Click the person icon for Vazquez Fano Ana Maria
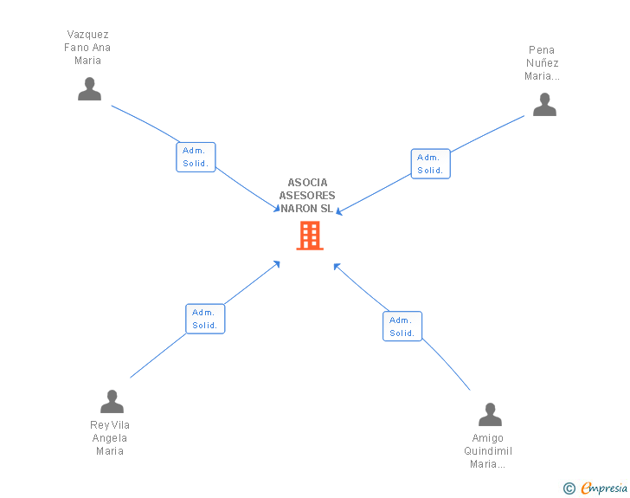[89, 89]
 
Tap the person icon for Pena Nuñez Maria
[544, 105]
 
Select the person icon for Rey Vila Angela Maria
[112, 402]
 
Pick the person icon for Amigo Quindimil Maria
[490, 415]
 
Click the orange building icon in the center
[310, 236]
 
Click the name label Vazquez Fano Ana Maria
[88, 48]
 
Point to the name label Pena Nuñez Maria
[543, 63]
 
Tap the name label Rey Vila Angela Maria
[110, 438]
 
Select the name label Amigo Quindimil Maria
[488, 451]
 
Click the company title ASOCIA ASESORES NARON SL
[307, 196]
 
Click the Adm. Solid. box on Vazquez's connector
[196, 158]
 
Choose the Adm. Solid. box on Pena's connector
[430, 164]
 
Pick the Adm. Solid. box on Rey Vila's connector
[205, 319]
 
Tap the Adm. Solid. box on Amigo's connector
[402, 327]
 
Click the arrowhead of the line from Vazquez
[276, 210]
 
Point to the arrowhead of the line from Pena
[339, 212]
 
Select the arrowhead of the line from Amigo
[337, 266]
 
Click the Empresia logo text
[604, 488]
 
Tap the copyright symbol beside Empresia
[569, 489]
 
